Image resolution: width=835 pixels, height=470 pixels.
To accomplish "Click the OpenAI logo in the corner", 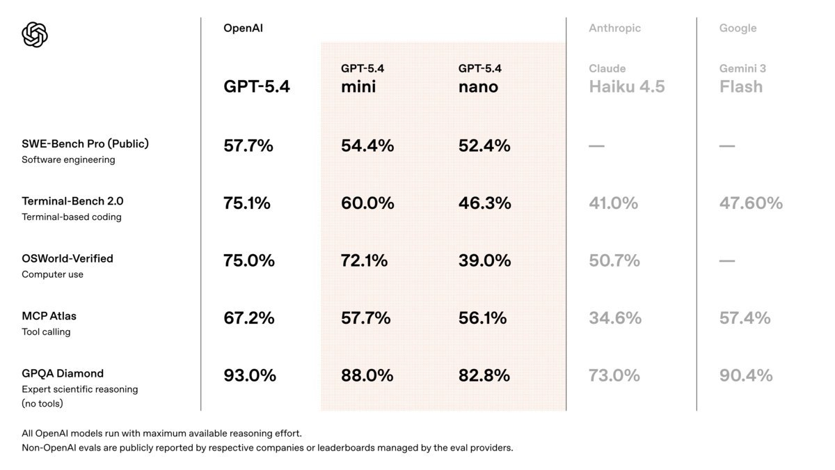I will (x=35, y=34).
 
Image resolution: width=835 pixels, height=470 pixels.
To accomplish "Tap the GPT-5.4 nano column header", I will (x=479, y=79).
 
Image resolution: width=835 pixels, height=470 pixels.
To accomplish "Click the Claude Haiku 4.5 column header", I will (x=626, y=79).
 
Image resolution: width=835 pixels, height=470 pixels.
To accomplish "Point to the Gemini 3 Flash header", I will (x=742, y=79).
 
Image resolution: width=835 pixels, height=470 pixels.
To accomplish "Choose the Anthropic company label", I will (x=614, y=29).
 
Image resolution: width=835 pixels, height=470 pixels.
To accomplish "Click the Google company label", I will (x=738, y=29).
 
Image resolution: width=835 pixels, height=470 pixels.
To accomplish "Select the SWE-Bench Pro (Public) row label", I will (x=85, y=144).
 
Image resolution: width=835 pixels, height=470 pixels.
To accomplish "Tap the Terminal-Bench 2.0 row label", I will (x=72, y=201).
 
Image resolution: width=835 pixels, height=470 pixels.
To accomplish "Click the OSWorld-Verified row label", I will (x=67, y=258).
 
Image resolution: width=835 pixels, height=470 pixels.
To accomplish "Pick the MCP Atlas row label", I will (x=49, y=316).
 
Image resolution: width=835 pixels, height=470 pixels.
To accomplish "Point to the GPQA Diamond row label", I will (x=63, y=373).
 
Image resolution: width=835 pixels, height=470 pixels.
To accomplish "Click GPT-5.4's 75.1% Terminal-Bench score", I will (x=247, y=203).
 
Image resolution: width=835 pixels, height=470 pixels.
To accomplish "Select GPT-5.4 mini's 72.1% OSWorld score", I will (x=364, y=261).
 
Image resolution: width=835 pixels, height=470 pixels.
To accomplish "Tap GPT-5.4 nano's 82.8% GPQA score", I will (x=484, y=376).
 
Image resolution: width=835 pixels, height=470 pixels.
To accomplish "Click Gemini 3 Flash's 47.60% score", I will (x=751, y=203).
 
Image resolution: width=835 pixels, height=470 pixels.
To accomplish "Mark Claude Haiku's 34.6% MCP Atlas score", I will (x=615, y=318).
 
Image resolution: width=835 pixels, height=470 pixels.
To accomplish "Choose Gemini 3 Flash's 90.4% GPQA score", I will (x=746, y=376).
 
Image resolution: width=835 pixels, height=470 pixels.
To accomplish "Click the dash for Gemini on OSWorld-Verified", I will (x=727, y=261).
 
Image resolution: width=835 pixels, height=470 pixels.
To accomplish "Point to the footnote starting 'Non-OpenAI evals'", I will (x=267, y=448).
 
